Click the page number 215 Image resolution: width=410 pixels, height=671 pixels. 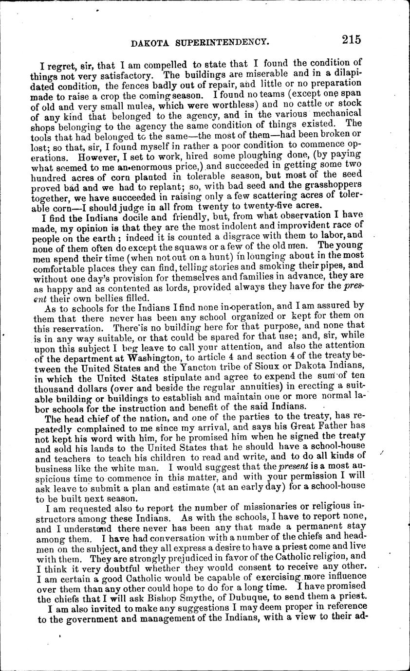tap(351, 40)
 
